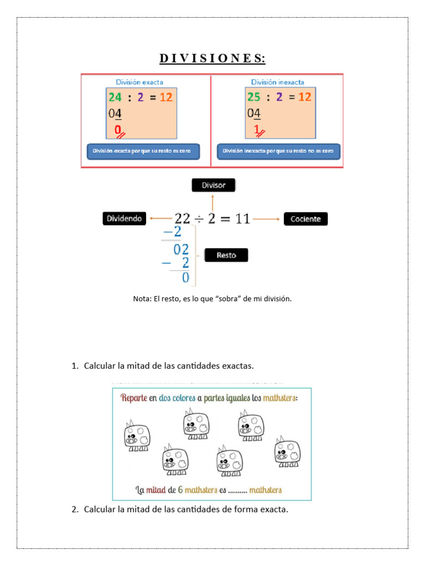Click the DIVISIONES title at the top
tap(212, 58)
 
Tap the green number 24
tap(115, 97)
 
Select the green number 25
tap(253, 97)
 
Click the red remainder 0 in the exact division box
tap(118, 130)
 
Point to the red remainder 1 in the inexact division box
tap(256, 130)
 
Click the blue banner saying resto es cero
tap(143, 151)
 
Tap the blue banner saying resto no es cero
tap(278, 151)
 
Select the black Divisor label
tap(213, 185)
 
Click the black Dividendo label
tap(125, 219)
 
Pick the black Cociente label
tap(305, 219)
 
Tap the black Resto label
tap(226, 255)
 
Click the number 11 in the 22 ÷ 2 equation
tap(242, 219)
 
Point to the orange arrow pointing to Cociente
tap(267, 219)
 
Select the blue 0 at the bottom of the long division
tap(185, 278)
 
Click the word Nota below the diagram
tap(142, 298)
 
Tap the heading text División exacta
tap(139, 82)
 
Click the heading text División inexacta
tap(277, 82)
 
